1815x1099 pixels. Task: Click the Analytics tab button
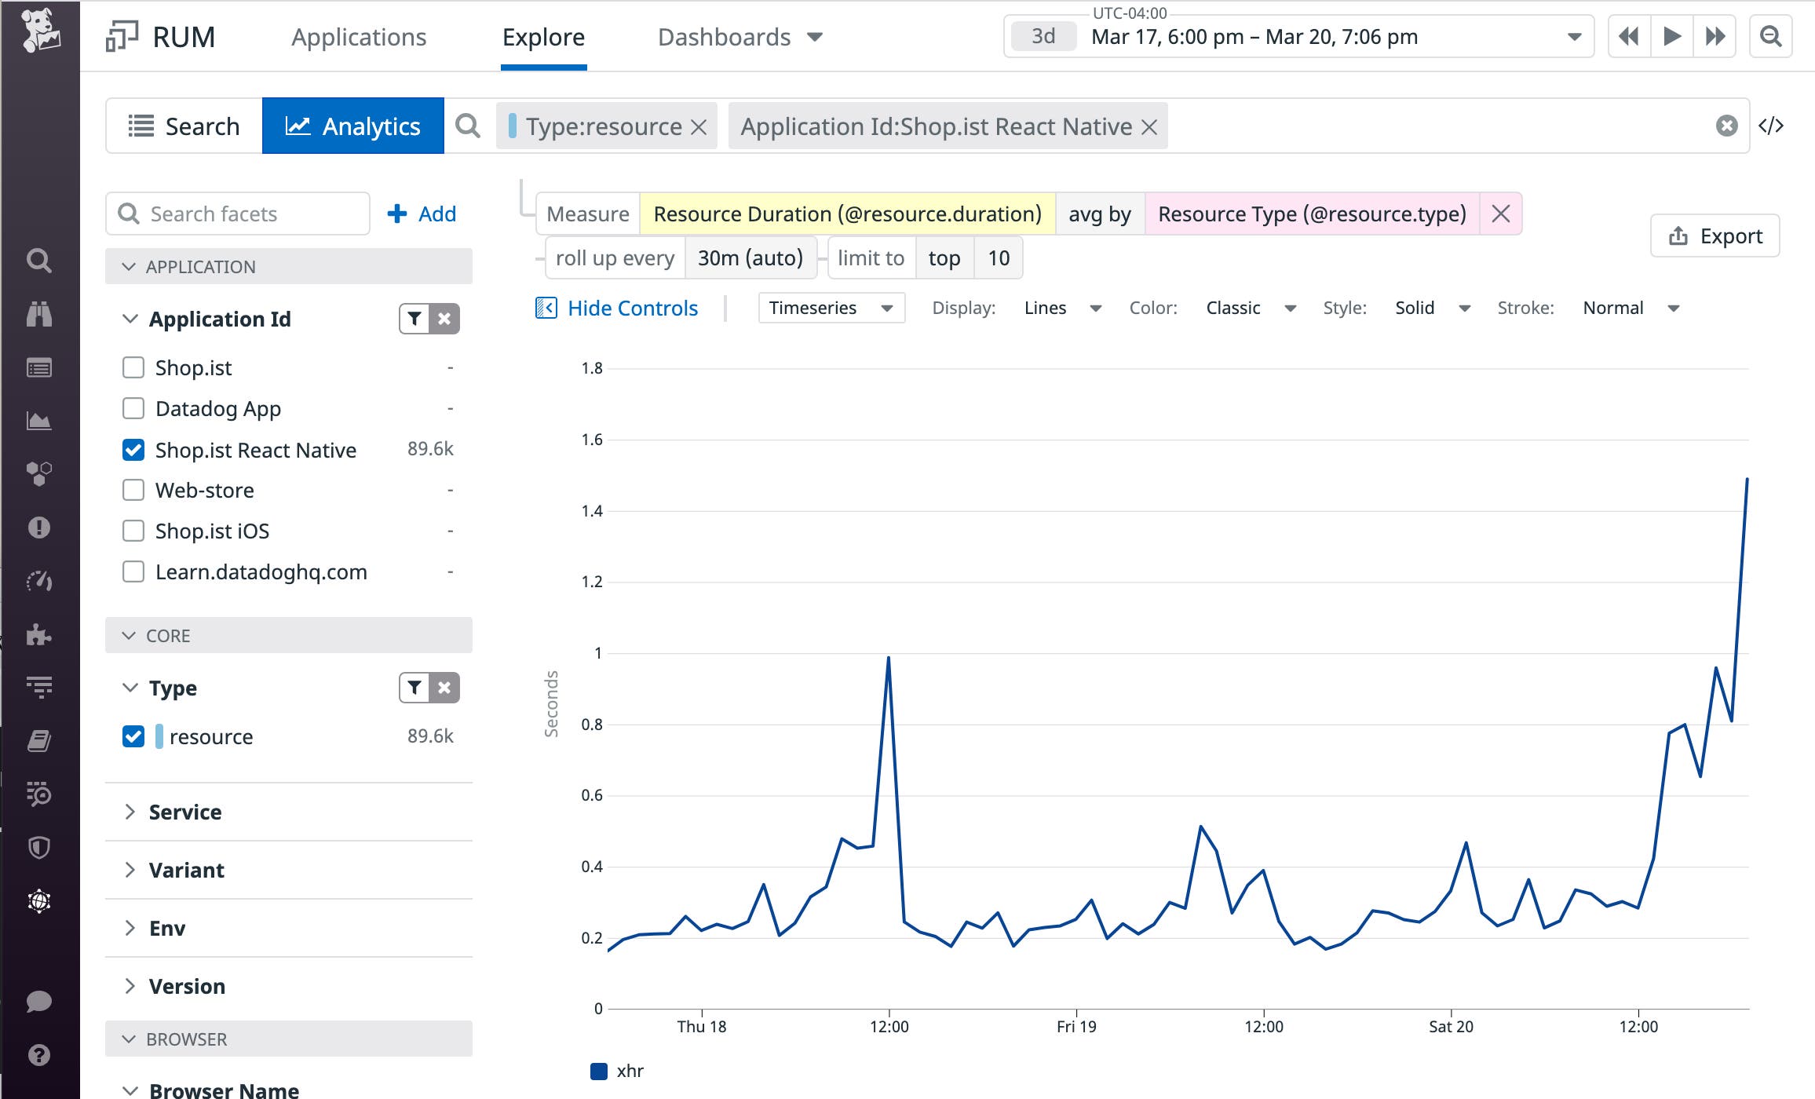[x=353, y=126]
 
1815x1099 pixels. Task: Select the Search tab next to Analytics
[x=184, y=126]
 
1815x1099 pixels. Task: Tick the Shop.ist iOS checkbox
[x=133, y=531]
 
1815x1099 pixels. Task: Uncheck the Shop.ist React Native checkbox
[x=133, y=450]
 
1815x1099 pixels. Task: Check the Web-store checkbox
[x=133, y=491]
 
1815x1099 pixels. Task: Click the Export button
[x=1715, y=235]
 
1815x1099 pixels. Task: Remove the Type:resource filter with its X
[x=699, y=127]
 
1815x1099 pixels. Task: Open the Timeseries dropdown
[x=831, y=308]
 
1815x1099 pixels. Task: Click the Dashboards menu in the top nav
[x=739, y=37]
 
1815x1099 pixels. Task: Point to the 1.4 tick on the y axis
[x=592, y=511]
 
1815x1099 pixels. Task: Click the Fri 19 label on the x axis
[x=1075, y=1026]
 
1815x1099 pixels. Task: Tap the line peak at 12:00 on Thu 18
[x=888, y=658]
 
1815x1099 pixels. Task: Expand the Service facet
[x=184, y=812]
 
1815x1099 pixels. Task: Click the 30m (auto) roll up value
[x=750, y=257]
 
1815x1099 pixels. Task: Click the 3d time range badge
[x=1043, y=36]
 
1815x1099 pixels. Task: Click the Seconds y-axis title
[x=551, y=703]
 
